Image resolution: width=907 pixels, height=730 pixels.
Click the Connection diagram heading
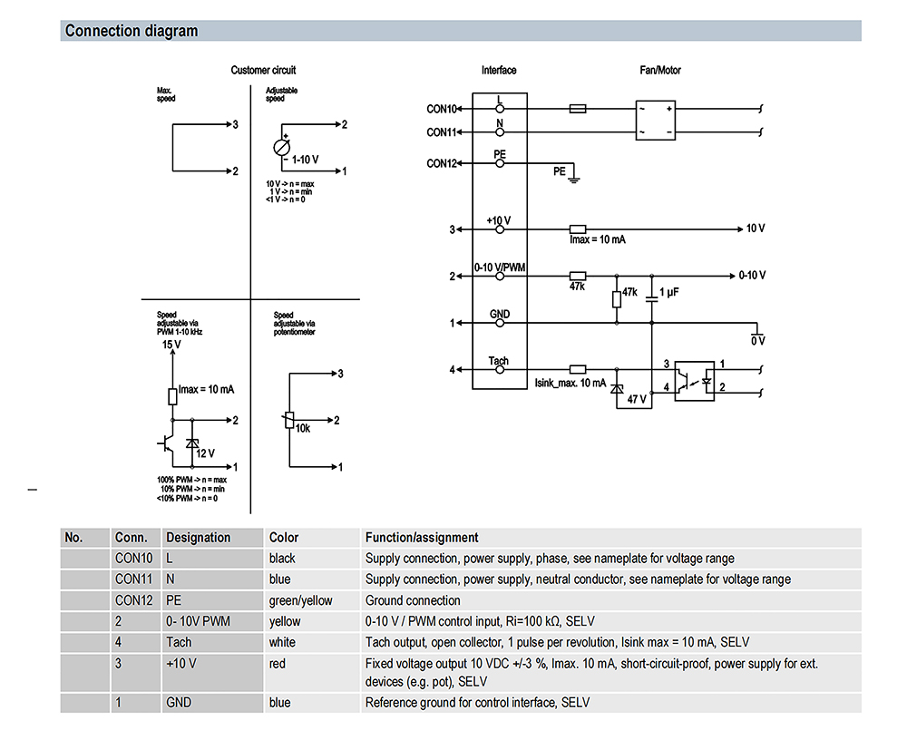pos(132,31)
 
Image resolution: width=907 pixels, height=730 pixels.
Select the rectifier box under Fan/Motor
pos(656,121)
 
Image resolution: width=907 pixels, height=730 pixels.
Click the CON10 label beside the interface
pos(442,109)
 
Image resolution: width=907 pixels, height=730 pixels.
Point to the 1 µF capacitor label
pos(669,292)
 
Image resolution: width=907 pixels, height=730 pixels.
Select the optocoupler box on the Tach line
pos(695,381)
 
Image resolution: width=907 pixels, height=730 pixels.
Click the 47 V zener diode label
pos(637,398)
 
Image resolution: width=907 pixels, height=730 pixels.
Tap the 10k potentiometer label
pos(303,428)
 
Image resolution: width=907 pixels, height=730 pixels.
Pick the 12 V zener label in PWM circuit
pos(205,453)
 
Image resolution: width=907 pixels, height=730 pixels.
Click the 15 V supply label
pos(171,345)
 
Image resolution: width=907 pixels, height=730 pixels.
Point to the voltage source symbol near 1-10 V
pos(282,148)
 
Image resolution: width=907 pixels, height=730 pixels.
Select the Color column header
pos(283,538)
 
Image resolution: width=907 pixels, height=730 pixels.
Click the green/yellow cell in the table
pos(300,600)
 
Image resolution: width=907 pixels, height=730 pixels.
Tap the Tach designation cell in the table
pos(179,642)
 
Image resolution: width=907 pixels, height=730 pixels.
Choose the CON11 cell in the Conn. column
pos(133,579)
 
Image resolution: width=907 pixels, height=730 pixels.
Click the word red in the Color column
pos(277,664)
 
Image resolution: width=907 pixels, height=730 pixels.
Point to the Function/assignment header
pos(422,538)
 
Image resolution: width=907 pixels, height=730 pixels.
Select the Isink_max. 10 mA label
pos(570,383)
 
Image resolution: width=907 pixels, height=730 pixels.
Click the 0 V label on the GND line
pos(757,341)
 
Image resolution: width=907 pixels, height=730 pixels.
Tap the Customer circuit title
pos(263,70)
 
